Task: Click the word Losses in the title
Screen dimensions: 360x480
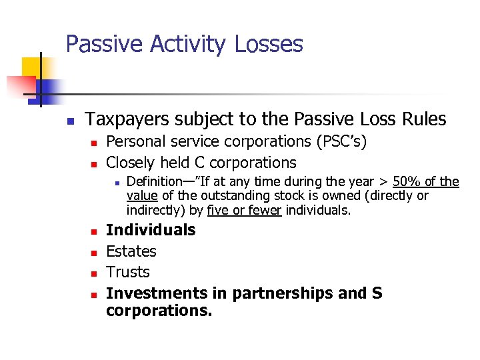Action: pyautogui.click(x=269, y=45)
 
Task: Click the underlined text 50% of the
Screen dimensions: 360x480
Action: pyautogui.click(x=426, y=181)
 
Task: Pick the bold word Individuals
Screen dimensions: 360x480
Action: pyautogui.click(x=151, y=230)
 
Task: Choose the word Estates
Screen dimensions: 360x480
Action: pyautogui.click(x=131, y=251)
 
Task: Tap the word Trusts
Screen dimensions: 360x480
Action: pyautogui.click(x=128, y=272)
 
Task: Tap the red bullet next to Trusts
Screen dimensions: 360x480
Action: pyautogui.click(x=94, y=273)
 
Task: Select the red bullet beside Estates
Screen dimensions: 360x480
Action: pyautogui.click(x=94, y=253)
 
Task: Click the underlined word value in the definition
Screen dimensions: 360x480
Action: pyautogui.click(x=141, y=196)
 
